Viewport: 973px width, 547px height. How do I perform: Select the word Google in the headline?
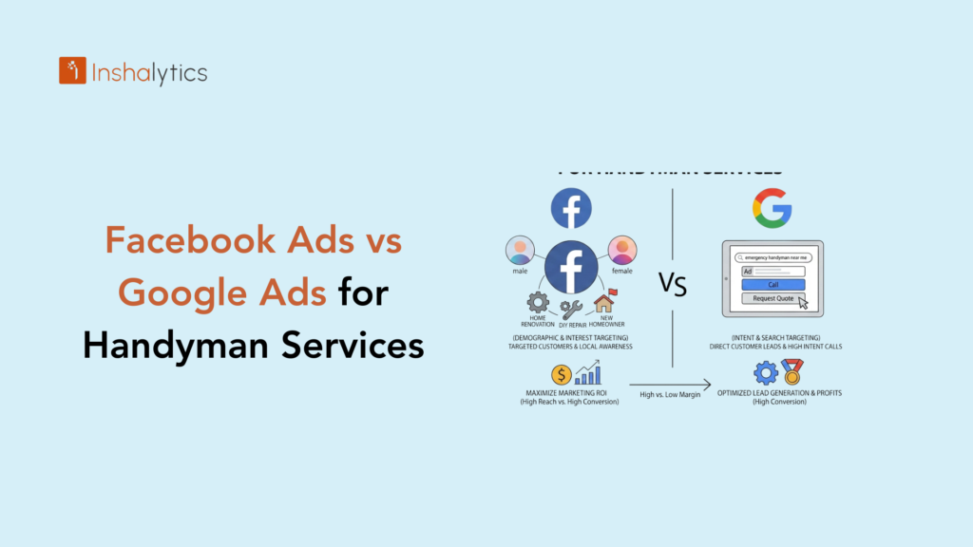(x=180, y=293)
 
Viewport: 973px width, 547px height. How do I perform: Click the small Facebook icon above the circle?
(x=571, y=209)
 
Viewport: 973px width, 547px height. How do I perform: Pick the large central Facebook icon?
(x=571, y=269)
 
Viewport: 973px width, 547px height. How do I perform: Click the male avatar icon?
(x=520, y=251)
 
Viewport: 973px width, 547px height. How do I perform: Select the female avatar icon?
(x=621, y=251)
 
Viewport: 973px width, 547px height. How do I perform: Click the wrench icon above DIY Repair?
(x=571, y=309)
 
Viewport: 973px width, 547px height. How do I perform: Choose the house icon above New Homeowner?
(x=604, y=302)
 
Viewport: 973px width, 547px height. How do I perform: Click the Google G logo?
(x=772, y=208)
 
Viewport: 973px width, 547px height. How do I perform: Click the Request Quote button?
(x=773, y=298)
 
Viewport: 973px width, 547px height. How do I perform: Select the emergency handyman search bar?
(x=773, y=256)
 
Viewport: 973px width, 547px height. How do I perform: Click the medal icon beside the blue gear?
(x=790, y=372)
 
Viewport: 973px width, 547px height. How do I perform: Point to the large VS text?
(x=672, y=284)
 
